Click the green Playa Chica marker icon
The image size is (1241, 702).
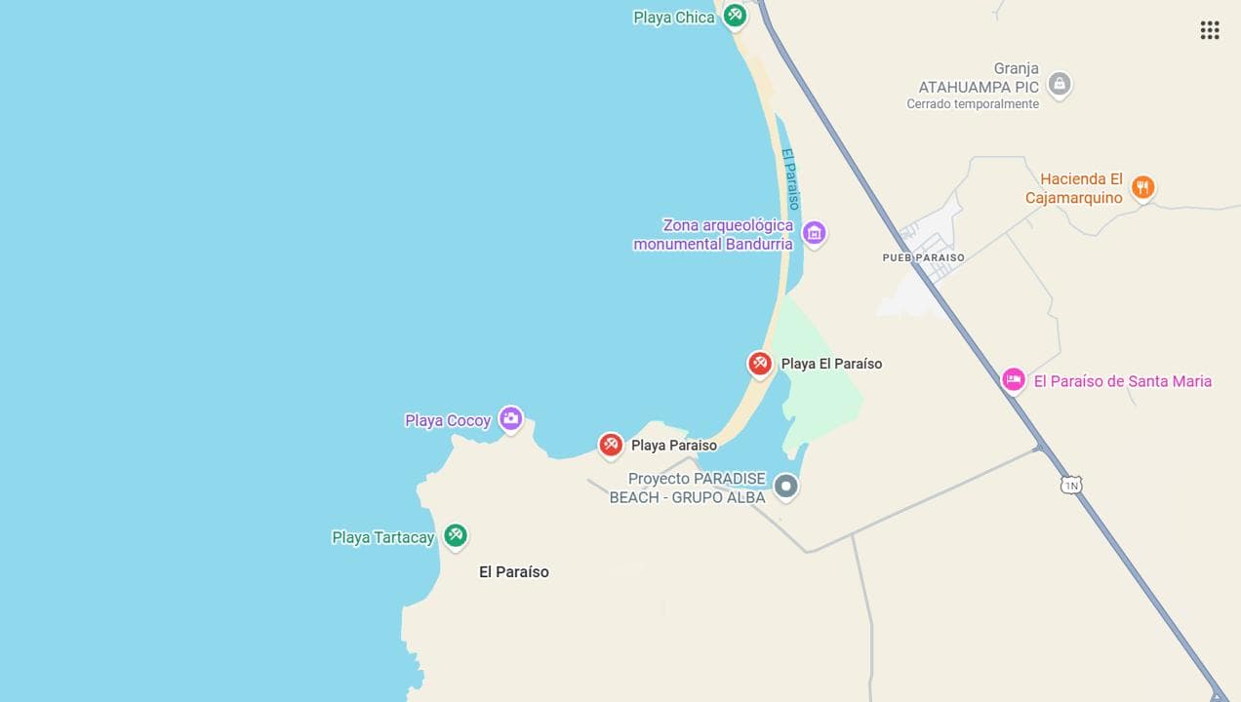[735, 16]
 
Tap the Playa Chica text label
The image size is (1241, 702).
[673, 18]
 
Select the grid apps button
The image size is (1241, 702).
[1210, 30]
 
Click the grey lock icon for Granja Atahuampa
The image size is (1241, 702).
[1060, 83]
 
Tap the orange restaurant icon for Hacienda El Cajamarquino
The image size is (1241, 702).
[1142, 187]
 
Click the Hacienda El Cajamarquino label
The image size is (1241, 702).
[1073, 188]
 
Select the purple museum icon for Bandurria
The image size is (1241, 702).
[814, 233]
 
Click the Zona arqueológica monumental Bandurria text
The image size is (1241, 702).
[713, 235]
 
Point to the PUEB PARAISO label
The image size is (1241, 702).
[923, 258]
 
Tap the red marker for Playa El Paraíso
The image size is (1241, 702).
[760, 364]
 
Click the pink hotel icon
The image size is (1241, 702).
[1014, 380]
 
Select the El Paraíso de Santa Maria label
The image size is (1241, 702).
[1122, 381]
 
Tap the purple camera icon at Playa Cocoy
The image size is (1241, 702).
[510, 419]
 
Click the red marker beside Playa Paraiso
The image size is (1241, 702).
[611, 445]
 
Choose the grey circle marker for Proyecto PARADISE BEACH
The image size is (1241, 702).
[785, 486]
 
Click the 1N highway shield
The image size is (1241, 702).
[1071, 485]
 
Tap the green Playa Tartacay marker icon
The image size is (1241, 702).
[455, 535]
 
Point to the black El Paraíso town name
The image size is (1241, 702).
[513, 572]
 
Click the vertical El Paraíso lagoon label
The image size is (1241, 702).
[791, 178]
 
